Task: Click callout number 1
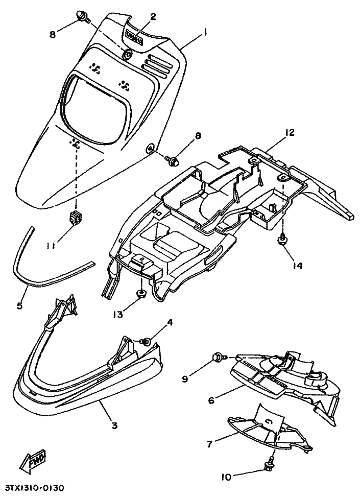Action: pos(205,32)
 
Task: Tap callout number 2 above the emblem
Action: pos(153,16)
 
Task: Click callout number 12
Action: pos(289,132)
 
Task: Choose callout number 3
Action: pos(114,425)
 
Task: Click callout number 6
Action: pos(211,400)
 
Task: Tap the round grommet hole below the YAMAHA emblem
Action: pos(128,54)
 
